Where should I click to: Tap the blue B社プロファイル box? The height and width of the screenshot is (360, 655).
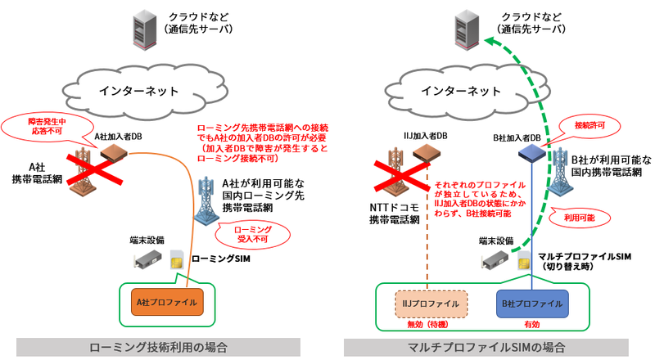[x=532, y=304]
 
